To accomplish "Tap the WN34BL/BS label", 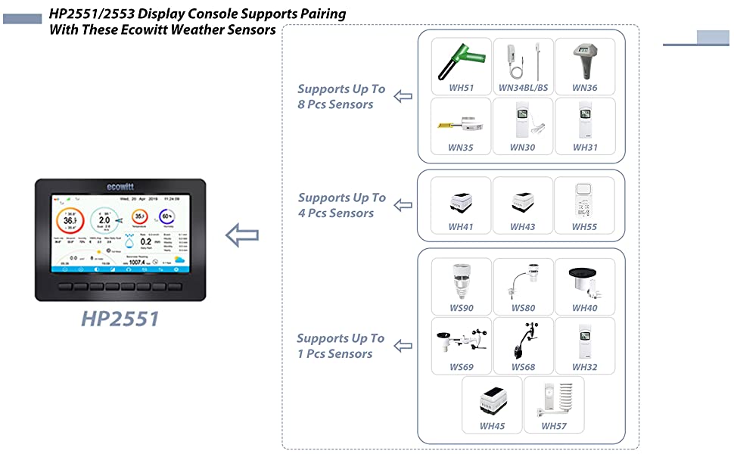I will coord(523,88).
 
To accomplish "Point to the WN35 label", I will coord(461,148).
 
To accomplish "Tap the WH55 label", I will coord(584,226).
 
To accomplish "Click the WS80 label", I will coord(523,308).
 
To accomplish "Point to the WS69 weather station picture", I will coord(461,340).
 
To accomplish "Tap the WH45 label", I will coord(492,426).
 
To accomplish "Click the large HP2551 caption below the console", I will coord(120,319).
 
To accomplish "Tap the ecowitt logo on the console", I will coord(120,186).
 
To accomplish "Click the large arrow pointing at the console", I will coord(242,235).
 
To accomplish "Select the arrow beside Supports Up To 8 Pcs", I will coord(403,97).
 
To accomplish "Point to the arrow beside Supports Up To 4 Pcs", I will coord(403,205).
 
